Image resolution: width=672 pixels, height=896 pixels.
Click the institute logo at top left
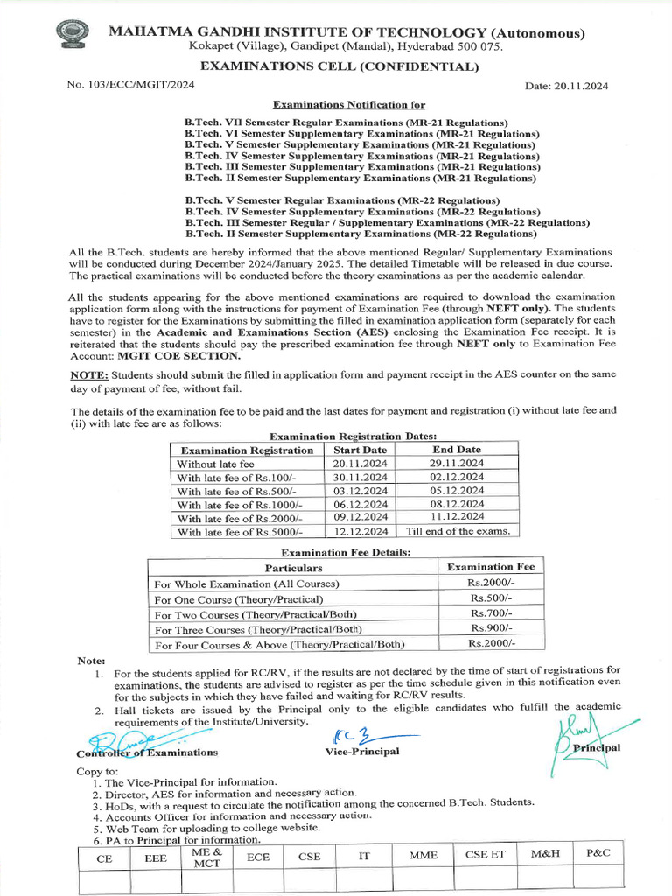pyautogui.click(x=72, y=36)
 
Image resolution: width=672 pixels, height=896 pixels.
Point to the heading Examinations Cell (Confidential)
pyautogui.click(x=340, y=66)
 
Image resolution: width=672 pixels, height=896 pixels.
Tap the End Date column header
pyautogui.click(x=457, y=450)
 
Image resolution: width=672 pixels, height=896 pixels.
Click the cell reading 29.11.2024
pyautogui.click(x=457, y=464)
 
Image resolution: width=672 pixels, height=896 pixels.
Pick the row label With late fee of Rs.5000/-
pyautogui.click(x=240, y=532)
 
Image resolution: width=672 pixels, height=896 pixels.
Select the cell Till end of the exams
pyautogui.click(x=457, y=531)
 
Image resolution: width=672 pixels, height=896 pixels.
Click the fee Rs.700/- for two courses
pyautogui.click(x=490, y=614)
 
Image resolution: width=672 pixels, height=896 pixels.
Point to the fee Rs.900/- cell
pyautogui.click(x=490, y=629)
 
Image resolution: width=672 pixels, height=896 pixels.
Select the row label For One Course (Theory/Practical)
pyautogui.click(x=239, y=599)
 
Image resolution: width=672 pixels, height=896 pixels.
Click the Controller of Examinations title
pyautogui.click(x=147, y=752)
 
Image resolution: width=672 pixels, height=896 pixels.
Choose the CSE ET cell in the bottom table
pyautogui.click(x=485, y=855)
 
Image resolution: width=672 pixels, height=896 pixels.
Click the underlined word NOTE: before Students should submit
pyautogui.click(x=89, y=375)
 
